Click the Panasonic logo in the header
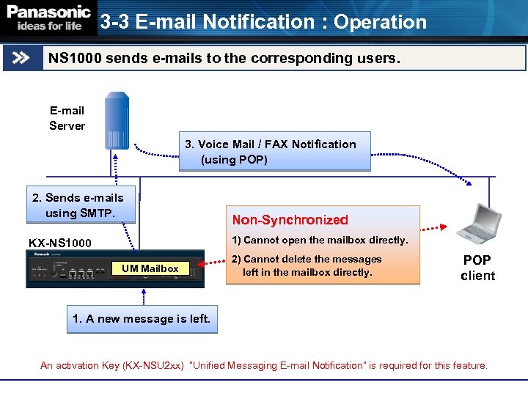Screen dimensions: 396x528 pos(48,12)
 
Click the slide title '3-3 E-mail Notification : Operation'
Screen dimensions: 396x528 pos(263,22)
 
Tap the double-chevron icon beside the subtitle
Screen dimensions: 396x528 pos(21,58)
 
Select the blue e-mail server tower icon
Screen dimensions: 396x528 pos(117,121)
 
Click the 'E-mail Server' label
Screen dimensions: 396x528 pos(67,118)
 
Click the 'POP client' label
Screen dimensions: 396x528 pos(477,268)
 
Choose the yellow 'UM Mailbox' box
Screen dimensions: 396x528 pos(150,268)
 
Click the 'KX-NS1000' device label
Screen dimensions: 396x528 pos(60,243)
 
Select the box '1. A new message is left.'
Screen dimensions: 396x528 pos(142,319)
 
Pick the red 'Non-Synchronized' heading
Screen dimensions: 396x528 pos(290,220)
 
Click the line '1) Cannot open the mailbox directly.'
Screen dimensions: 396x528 pos(320,240)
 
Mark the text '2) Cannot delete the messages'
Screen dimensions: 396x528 pos(307,259)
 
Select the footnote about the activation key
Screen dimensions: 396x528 pos(263,365)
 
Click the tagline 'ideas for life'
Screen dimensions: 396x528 pos(49,26)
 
